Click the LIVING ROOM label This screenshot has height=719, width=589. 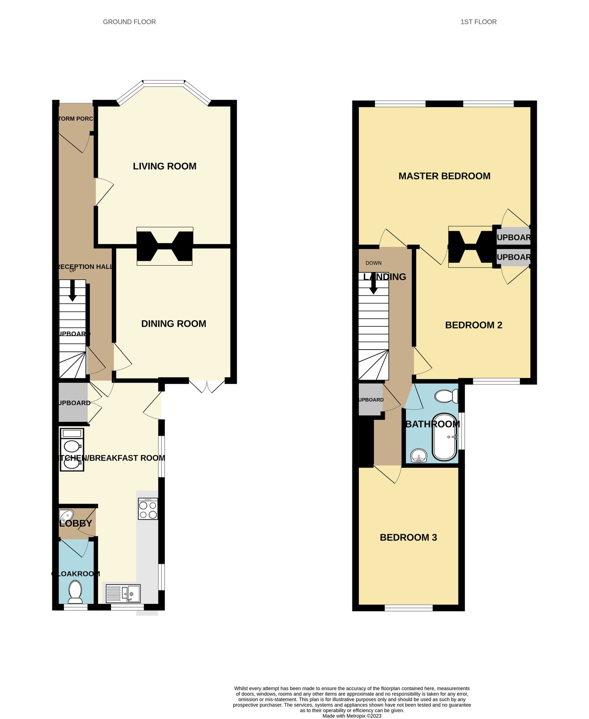pyautogui.click(x=164, y=166)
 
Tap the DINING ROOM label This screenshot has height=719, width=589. pyautogui.click(x=174, y=324)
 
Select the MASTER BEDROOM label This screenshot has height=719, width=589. pyautogui.click(x=444, y=176)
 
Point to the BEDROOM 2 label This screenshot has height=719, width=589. pyautogui.click(x=473, y=325)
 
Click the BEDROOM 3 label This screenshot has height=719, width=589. pyautogui.click(x=408, y=538)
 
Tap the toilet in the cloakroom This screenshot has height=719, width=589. pyautogui.click(x=75, y=592)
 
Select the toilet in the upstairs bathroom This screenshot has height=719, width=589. pyautogui.click(x=446, y=396)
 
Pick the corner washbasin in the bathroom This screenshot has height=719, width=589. pyautogui.click(x=419, y=456)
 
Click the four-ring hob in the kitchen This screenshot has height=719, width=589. pyautogui.click(x=148, y=509)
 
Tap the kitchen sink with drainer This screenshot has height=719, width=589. pyautogui.click(x=123, y=594)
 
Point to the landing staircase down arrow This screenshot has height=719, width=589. pyautogui.click(x=374, y=284)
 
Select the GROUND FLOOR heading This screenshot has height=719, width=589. pyautogui.click(x=129, y=22)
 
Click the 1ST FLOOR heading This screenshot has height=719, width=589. pyautogui.click(x=478, y=22)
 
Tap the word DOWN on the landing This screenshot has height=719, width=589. pyautogui.click(x=374, y=263)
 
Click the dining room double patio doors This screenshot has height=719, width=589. pyautogui.click(x=207, y=386)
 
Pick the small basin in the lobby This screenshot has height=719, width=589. pyautogui.click(x=65, y=514)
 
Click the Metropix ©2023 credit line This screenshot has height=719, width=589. pyautogui.click(x=352, y=716)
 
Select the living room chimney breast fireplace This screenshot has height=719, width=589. pyautogui.click(x=165, y=238)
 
